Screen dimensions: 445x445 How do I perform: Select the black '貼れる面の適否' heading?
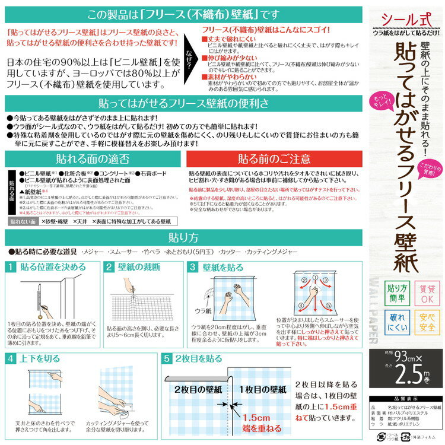pos(96,159)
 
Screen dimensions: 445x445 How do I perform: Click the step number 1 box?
pos(12,267)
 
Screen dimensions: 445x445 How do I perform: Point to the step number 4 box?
pos(12,358)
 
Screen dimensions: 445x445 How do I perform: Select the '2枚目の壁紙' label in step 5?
pos(199,390)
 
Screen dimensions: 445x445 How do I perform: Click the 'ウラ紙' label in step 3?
pos(203,310)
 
